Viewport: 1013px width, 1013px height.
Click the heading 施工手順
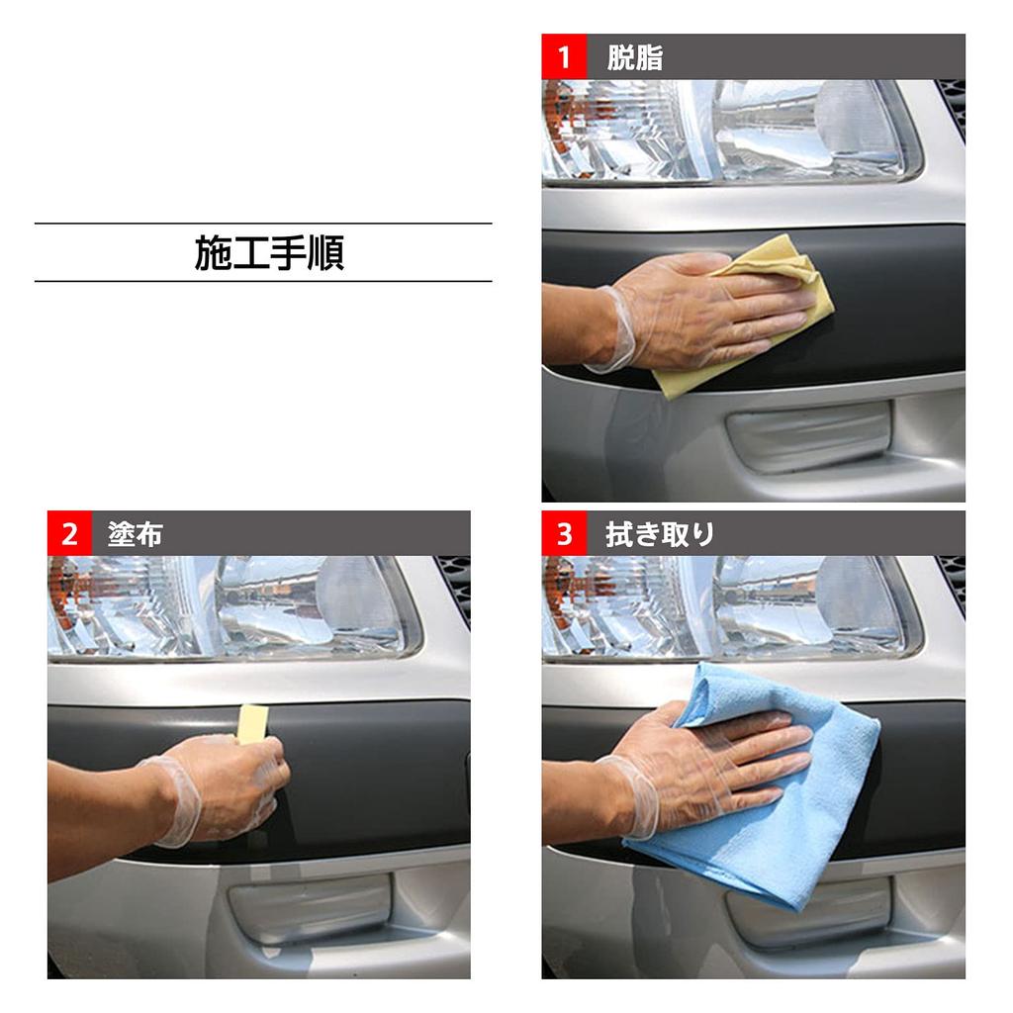269,253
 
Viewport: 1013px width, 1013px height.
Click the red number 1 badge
564,56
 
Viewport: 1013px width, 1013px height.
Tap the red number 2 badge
69,534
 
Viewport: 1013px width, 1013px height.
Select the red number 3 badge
564,534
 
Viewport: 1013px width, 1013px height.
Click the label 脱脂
634,57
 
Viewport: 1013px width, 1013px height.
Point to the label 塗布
135,535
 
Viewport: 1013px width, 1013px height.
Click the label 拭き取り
659,535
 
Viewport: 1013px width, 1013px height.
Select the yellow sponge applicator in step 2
252,722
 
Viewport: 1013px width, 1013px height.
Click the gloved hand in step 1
692,312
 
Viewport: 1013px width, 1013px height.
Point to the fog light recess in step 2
311,905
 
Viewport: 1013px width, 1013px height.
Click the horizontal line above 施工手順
263,224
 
